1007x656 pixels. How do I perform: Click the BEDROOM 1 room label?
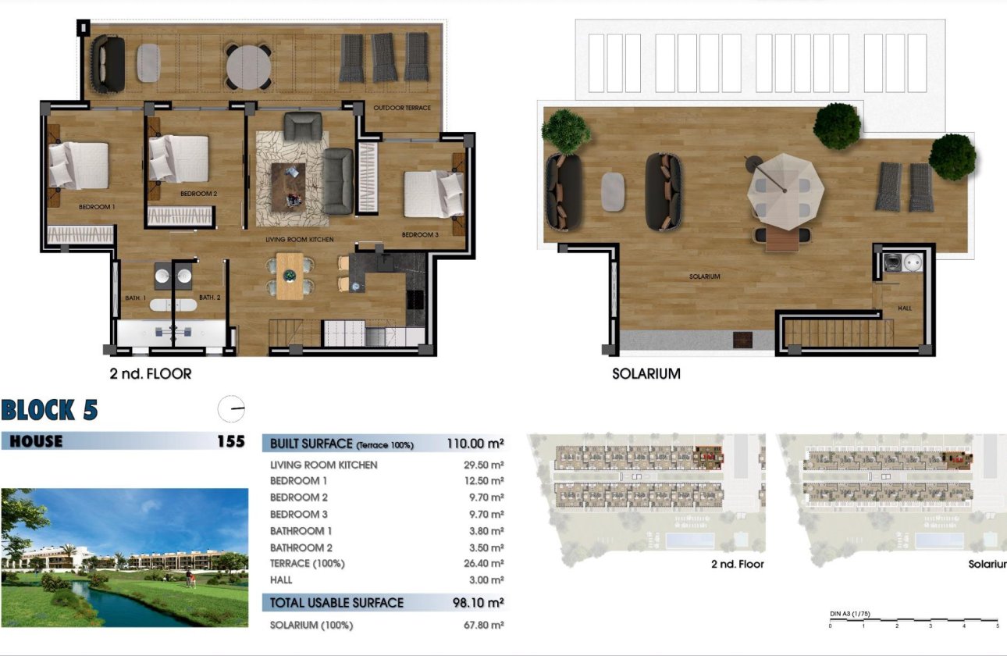pyautogui.click(x=97, y=207)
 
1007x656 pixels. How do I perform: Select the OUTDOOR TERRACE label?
pyautogui.click(x=402, y=108)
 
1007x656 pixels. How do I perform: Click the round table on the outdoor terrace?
pyautogui.click(x=249, y=66)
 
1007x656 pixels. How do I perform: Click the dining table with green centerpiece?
pyautogui.click(x=290, y=276)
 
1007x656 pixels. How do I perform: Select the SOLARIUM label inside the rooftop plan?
pyautogui.click(x=704, y=276)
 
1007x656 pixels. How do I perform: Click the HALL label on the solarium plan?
pyautogui.click(x=905, y=308)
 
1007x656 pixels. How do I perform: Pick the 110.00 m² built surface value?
pyautogui.click(x=475, y=444)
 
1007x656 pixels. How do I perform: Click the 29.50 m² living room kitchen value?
pyautogui.click(x=484, y=465)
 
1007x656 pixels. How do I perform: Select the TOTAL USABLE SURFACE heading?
pyautogui.click(x=336, y=602)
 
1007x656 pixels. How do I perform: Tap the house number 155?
pyautogui.click(x=230, y=441)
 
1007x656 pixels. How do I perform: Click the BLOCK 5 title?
pyautogui.click(x=49, y=410)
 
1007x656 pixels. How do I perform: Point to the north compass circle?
pyautogui.click(x=232, y=408)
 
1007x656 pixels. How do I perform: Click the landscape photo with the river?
pyautogui.click(x=124, y=558)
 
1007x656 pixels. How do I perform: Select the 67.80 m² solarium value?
pyautogui.click(x=484, y=626)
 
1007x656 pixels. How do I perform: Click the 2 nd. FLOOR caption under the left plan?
pyautogui.click(x=151, y=374)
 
